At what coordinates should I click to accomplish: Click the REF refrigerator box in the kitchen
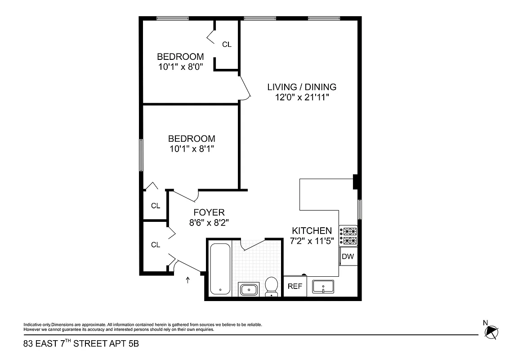(295, 286)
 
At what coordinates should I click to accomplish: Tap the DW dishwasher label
(348, 257)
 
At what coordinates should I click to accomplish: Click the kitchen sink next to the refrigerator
(324, 286)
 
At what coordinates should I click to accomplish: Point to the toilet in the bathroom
(271, 287)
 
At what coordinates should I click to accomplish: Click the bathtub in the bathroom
(220, 269)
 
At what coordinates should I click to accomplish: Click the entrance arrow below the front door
(188, 281)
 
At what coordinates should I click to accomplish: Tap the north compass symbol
(491, 332)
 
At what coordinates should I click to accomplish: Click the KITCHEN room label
(312, 230)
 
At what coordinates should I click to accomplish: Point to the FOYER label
(209, 212)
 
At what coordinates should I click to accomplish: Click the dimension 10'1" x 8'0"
(180, 67)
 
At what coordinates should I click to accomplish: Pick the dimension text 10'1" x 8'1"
(192, 149)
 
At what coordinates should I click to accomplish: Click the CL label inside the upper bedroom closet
(227, 44)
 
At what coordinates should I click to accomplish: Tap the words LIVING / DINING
(302, 87)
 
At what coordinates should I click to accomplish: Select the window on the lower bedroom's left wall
(141, 155)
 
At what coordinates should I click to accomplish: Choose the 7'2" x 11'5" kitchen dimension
(312, 240)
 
